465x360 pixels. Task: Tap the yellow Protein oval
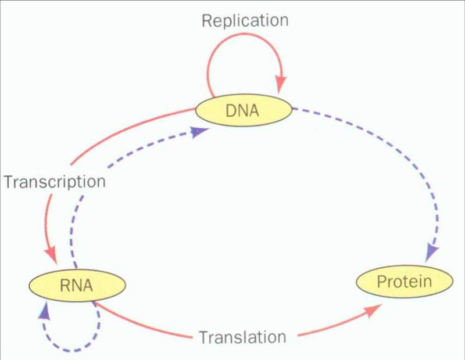click(404, 283)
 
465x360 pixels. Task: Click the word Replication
click(245, 21)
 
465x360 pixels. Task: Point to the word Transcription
click(55, 182)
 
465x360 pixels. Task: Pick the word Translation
click(242, 337)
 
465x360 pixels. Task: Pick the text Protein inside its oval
click(404, 283)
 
